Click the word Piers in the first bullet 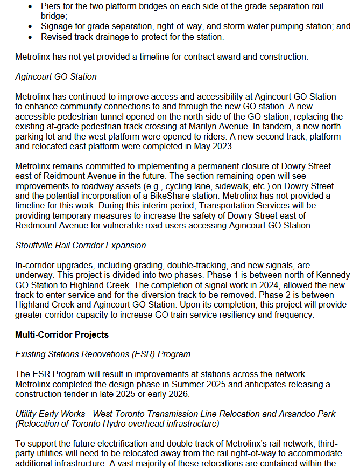[x=51, y=6]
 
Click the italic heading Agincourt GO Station [x=56, y=76]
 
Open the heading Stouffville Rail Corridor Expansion [x=80, y=245]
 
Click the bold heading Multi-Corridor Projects [x=62, y=334]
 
